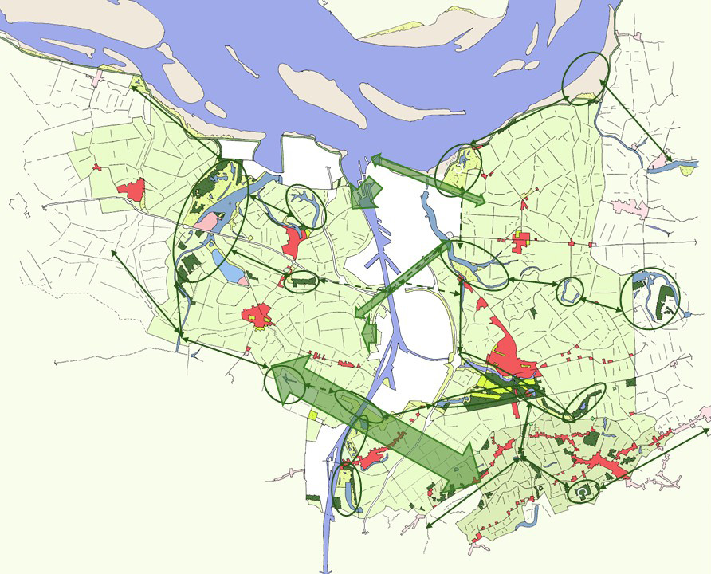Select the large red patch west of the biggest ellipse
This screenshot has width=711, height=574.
pos(132,190)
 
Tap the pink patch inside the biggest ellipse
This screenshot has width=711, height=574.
pos(206,221)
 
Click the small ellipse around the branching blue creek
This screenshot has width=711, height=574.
pos(306,206)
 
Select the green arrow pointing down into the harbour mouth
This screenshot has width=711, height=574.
pos(366,195)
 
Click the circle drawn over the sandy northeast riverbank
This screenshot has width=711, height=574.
pos(585,78)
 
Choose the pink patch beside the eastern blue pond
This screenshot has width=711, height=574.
pos(661,164)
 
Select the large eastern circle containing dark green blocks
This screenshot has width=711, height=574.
pos(654,300)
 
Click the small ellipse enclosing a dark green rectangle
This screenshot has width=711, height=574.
pos(301,281)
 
